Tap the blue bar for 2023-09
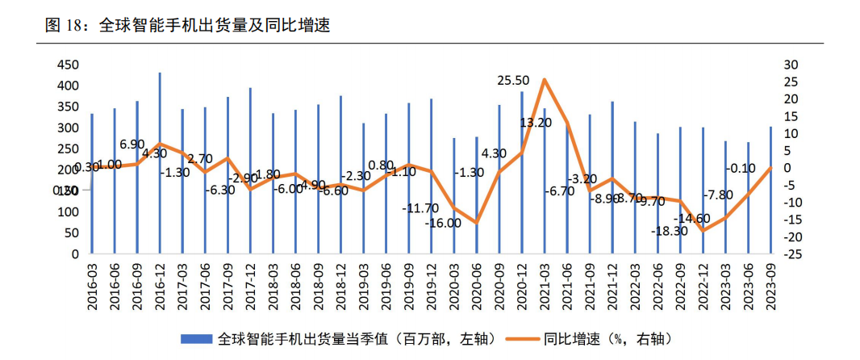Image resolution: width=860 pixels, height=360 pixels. coord(771,190)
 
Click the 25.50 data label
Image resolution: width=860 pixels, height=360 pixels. coord(513,81)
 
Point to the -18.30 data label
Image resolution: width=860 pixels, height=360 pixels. coord(670,231)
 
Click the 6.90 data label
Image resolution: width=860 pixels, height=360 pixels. coord(132,144)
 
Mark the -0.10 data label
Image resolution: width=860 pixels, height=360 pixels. coord(740,169)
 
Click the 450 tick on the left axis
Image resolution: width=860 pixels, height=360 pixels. coord(69,65)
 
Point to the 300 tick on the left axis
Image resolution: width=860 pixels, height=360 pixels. coord(69,128)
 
